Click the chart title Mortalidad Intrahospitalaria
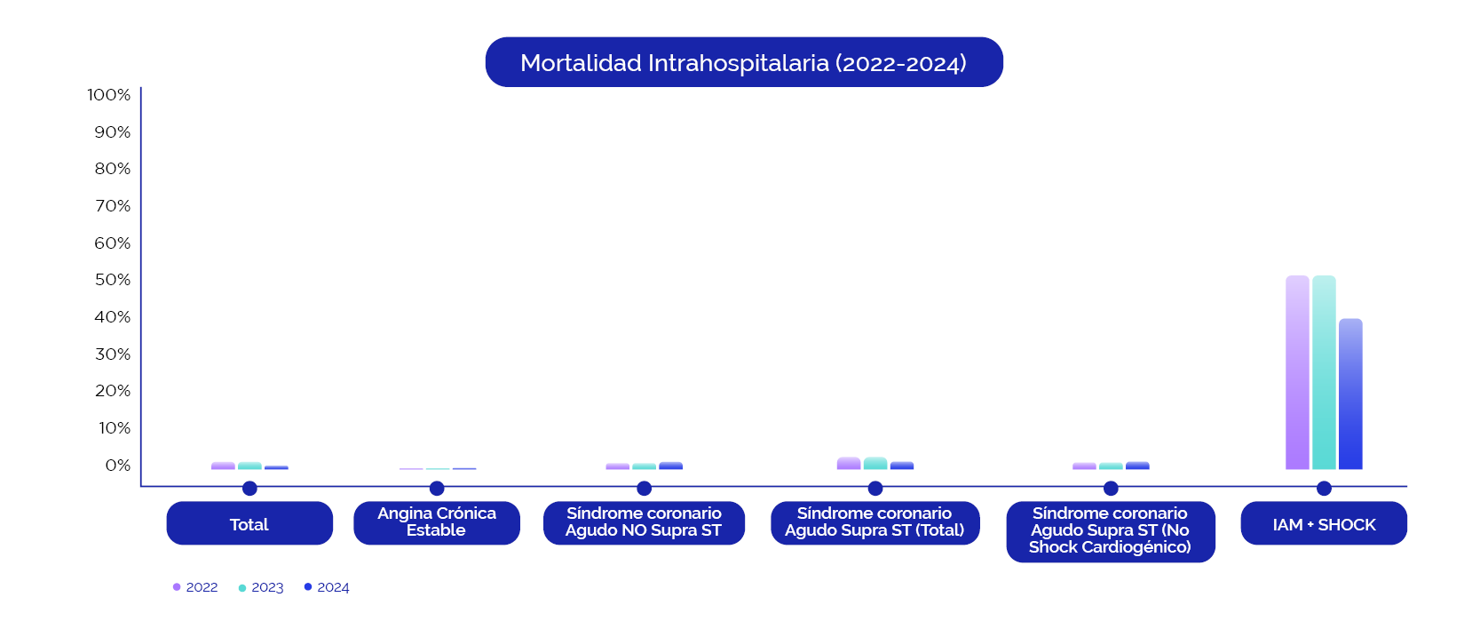coord(744,62)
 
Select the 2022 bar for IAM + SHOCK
coord(1297,372)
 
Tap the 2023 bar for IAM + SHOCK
coord(1324,372)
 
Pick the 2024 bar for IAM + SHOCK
coord(1350,394)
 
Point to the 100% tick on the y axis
coord(109,94)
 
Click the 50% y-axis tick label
coord(113,280)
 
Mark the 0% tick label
coord(118,466)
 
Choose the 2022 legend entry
coord(195,587)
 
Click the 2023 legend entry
coord(261,587)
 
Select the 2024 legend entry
coord(327,587)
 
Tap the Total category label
coord(249,523)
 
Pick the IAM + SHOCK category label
coord(1324,523)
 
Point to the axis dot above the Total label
coord(249,488)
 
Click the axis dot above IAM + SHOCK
coord(1324,488)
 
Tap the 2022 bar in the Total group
coord(224,466)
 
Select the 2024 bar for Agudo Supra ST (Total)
coord(902,466)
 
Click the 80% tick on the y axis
coord(113,169)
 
